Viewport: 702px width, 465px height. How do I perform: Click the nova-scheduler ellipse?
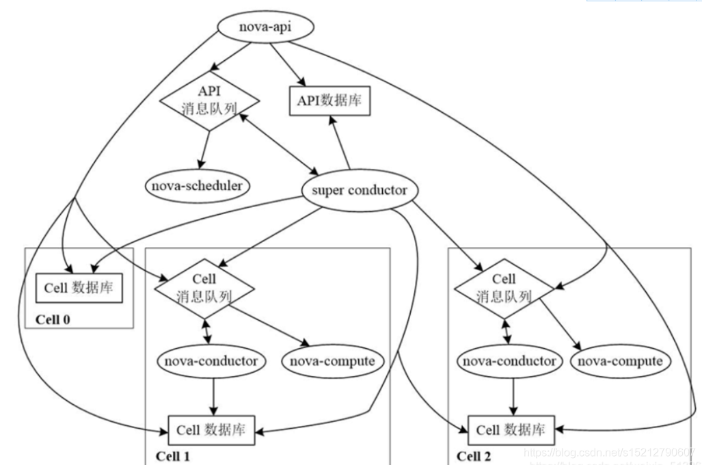pos(198,184)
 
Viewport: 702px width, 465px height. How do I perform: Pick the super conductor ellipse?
pos(358,189)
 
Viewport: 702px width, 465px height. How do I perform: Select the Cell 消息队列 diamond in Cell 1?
pos(205,288)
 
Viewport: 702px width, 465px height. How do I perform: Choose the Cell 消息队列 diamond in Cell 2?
pos(504,288)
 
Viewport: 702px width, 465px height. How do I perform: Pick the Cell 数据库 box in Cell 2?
pos(511,429)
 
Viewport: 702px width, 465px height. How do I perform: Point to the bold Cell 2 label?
pos(474,456)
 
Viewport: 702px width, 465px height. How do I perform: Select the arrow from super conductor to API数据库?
pos(340,142)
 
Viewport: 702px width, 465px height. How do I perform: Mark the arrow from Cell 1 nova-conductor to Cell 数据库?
pos(215,395)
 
